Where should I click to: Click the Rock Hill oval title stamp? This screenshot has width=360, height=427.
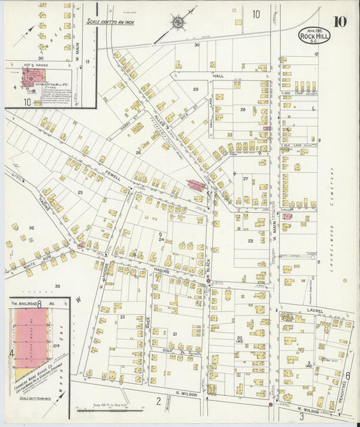[314, 35]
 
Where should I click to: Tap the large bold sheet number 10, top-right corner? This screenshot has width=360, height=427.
[340, 21]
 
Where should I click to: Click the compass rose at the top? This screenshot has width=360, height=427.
[178, 23]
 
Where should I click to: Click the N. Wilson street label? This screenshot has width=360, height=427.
[307, 409]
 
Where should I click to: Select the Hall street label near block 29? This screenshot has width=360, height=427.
[218, 76]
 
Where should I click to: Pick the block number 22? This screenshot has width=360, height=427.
[122, 316]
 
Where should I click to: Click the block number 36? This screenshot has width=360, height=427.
[31, 228]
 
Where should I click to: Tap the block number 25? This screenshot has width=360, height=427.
[80, 193]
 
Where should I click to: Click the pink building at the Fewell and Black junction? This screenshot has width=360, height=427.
[197, 184]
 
